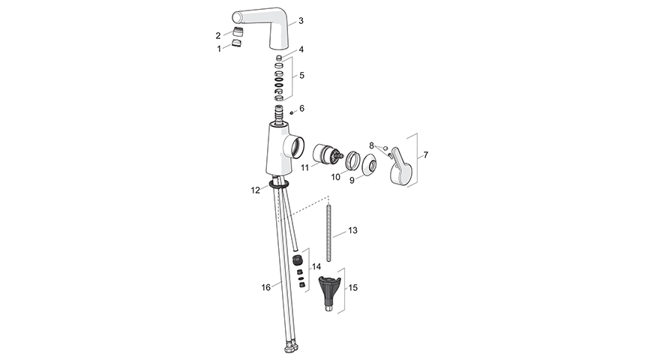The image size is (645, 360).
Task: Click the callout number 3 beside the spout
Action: point(301,20)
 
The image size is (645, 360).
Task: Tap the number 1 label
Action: point(219,49)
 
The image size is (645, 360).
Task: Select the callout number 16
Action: point(266,287)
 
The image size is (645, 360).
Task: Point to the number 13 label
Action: point(352,230)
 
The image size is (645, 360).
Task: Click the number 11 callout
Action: point(304,168)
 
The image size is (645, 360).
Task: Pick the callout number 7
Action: point(426,155)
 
